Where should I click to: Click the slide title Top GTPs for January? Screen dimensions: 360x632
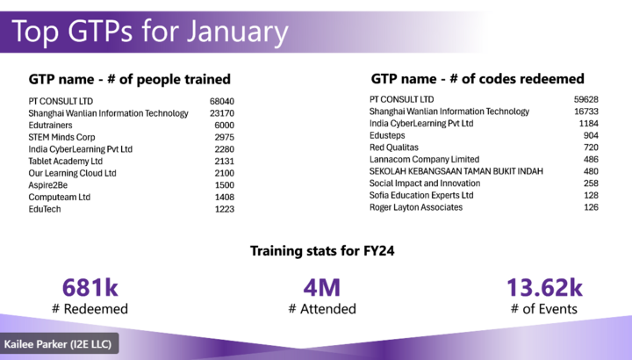coord(150,32)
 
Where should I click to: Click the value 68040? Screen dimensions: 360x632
coord(222,101)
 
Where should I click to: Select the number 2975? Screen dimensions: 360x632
coord(225,137)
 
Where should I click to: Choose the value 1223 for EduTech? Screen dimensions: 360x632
coord(225,210)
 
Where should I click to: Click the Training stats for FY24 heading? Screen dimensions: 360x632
coord(322,251)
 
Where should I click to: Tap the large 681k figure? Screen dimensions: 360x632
coord(90,288)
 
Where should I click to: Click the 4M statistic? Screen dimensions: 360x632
coord(321,288)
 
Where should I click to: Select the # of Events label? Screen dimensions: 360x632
coord(543,308)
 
